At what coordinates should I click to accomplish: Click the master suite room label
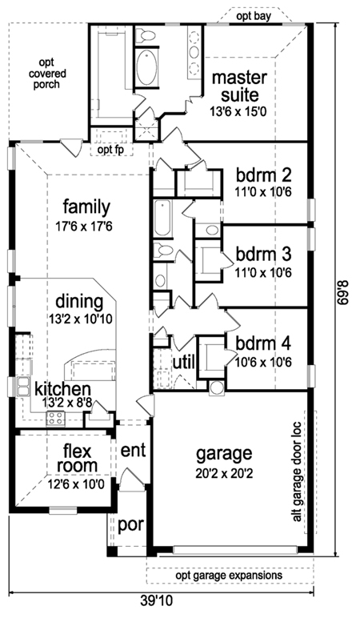tap(239, 86)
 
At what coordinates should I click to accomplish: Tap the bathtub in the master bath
tap(146, 67)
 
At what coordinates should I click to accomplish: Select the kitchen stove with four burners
tap(55, 418)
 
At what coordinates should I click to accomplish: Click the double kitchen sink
tap(23, 386)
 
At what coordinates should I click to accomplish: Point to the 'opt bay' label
tap(254, 17)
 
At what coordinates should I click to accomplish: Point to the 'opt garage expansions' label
tap(230, 575)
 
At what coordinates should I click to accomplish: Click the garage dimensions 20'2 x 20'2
tap(224, 473)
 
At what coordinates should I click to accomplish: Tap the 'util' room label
tap(184, 362)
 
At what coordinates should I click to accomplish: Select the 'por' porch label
tap(130, 525)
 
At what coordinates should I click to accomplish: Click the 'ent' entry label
tap(133, 450)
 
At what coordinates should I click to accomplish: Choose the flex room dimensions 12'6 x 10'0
tap(77, 484)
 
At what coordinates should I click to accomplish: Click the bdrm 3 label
tap(263, 255)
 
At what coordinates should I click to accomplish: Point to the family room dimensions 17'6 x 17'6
tap(84, 227)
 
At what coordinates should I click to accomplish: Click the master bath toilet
tap(145, 35)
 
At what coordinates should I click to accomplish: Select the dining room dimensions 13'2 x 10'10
tap(80, 319)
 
